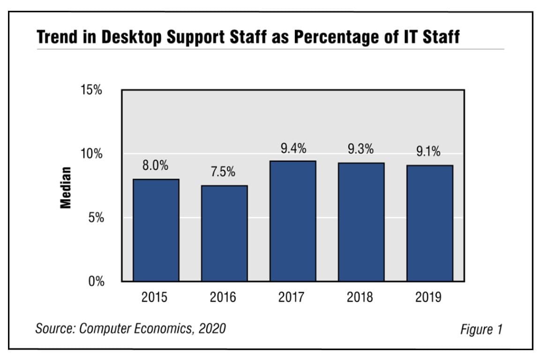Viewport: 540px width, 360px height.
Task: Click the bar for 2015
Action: [156, 230]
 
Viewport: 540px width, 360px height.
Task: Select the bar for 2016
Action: [224, 233]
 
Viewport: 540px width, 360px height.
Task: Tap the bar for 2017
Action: [293, 221]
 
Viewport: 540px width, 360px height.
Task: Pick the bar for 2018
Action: [361, 222]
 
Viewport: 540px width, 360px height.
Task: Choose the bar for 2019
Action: [429, 223]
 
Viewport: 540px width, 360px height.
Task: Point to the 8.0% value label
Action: [156, 166]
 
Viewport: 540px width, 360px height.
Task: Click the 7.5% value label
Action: [223, 172]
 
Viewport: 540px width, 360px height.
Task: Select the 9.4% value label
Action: [293, 149]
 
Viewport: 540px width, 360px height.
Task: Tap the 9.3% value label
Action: [360, 150]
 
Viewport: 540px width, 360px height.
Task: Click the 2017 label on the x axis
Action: [291, 297]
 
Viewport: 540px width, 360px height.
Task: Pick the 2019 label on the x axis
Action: [428, 297]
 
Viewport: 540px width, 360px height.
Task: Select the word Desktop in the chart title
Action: [134, 37]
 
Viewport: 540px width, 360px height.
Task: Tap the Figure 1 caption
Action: [481, 330]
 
